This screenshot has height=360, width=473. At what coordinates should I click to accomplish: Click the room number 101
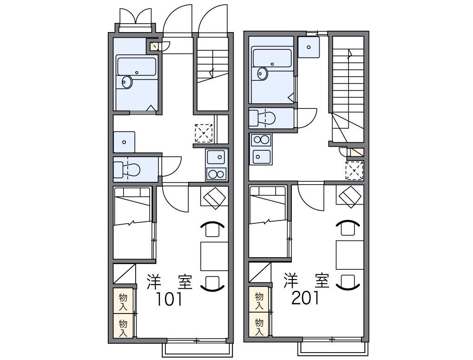pyautogui.click(x=169, y=299)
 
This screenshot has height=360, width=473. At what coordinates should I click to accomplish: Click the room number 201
pyautogui.click(x=305, y=299)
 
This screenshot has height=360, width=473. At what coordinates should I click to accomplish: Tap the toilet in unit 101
pyautogui.click(x=127, y=169)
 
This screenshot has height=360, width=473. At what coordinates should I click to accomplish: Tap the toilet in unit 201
pyautogui.click(x=262, y=118)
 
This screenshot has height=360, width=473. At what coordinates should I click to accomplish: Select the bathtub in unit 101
pyautogui.click(x=137, y=67)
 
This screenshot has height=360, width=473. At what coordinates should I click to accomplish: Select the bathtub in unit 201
pyautogui.click(x=272, y=58)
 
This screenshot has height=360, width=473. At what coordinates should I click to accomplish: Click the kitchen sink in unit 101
pyautogui.click(x=216, y=157)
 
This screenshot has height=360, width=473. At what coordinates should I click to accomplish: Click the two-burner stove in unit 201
pyautogui.click(x=261, y=140)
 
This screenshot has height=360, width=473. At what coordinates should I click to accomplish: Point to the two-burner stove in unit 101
pyautogui.click(x=217, y=174)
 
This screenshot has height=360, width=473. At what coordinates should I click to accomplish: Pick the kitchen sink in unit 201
pyautogui.click(x=261, y=157)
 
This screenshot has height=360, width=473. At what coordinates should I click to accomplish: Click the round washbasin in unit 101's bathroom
pyautogui.click(x=127, y=82)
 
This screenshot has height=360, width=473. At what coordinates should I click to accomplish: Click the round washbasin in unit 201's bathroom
pyautogui.click(x=263, y=74)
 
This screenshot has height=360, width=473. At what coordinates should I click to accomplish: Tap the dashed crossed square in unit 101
pyautogui.click(x=204, y=133)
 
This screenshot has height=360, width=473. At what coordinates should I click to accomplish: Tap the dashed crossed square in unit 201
pyautogui.click(x=355, y=170)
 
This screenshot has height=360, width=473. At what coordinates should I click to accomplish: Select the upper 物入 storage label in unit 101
pyautogui.click(x=123, y=302)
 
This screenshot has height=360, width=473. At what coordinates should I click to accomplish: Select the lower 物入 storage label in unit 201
pyautogui.click(x=259, y=327)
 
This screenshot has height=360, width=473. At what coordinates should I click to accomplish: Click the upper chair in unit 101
pyautogui.click(x=213, y=229)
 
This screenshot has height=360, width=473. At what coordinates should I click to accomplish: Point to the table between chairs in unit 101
pyautogui.click(x=214, y=256)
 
